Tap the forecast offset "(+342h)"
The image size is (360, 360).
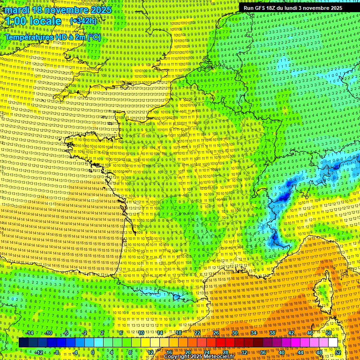point(83,21)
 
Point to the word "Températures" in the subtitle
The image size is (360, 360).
point(28,37)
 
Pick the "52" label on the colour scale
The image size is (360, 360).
point(338,352)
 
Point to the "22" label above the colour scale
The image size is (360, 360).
point(197,333)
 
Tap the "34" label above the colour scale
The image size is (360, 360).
point(254,333)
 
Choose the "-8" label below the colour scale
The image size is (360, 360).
point(56,352)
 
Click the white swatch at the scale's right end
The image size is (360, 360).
point(333,343)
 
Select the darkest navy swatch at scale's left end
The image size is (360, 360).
point(24,343)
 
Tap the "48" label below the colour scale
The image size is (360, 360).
point(319,352)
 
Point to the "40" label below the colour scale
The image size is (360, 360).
point(282,352)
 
